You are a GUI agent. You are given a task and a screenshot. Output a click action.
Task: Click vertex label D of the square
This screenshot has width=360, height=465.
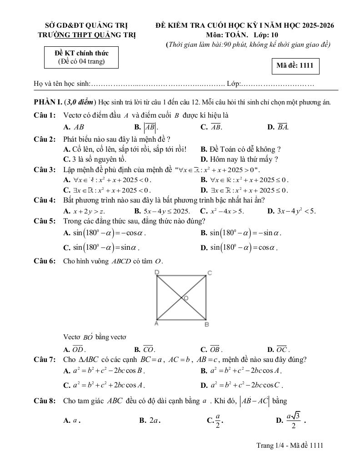pyautogui.click(x=157, y=272)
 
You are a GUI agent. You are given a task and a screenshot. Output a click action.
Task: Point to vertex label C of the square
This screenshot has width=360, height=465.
pyautogui.click(x=210, y=272)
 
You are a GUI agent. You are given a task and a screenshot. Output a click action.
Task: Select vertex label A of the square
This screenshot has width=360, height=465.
pyautogui.click(x=156, y=323)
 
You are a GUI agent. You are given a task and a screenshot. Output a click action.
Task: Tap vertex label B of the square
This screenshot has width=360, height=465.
pyautogui.click(x=206, y=325)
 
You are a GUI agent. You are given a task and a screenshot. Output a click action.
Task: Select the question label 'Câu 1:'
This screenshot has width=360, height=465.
pyautogui.click(x=45, y=115)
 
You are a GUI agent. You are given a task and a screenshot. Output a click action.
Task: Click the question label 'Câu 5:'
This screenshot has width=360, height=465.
pyautogui.click(x=45, y=221)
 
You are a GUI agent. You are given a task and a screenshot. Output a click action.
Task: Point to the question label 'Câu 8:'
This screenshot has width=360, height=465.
pyautogui.click(x=45, y=401)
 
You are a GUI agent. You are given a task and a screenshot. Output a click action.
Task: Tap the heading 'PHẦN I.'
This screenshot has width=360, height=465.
pyautogui.click(x=48, y=102)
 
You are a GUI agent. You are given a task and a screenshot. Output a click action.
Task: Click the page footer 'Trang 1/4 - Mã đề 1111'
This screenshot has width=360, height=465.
pyautogui.click(x=290, y=446)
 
